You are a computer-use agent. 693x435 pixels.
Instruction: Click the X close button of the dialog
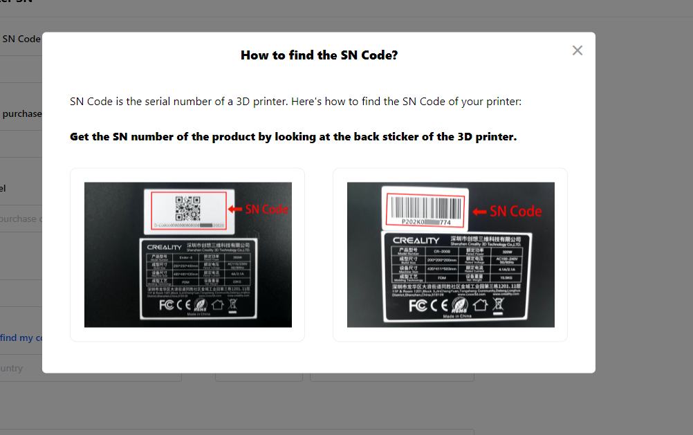577,50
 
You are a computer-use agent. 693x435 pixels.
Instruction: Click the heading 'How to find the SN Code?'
319,55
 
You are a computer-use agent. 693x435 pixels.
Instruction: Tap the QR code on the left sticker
187,209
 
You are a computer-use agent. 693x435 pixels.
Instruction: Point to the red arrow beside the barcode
479,211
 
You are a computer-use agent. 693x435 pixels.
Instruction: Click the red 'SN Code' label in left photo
266,209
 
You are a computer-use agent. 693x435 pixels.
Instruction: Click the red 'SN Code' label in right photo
515,211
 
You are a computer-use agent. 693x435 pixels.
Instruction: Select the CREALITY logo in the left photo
163,247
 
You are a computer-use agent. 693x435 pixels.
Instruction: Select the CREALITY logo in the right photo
416,240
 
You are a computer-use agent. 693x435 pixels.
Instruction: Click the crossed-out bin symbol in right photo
499,305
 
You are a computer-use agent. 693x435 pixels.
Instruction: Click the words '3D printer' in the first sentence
259,102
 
